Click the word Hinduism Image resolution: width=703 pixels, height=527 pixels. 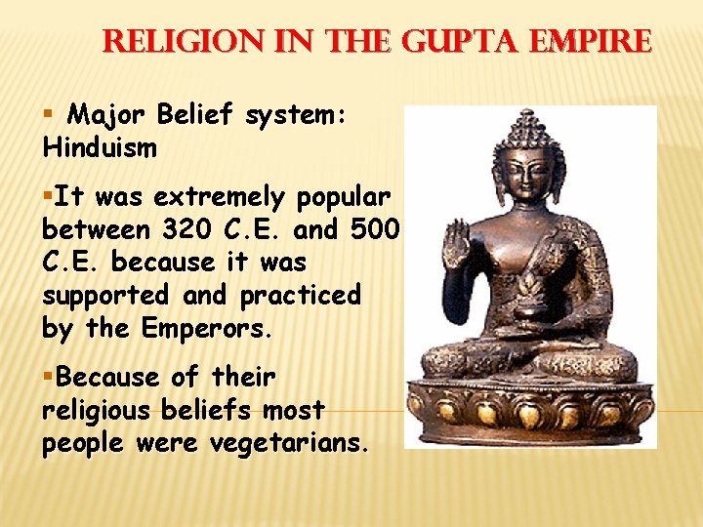pyautogui.click(x=100, y=148)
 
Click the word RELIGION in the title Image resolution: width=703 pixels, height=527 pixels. pyautogui.click(x=175, y=41)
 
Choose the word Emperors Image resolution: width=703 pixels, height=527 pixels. pyautogui.click(x=206, y=329)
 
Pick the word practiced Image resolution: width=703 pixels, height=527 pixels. pyautogui.click(x=300, y=296)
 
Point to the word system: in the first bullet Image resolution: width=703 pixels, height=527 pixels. pyautogui.click(x=296, y=115)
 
